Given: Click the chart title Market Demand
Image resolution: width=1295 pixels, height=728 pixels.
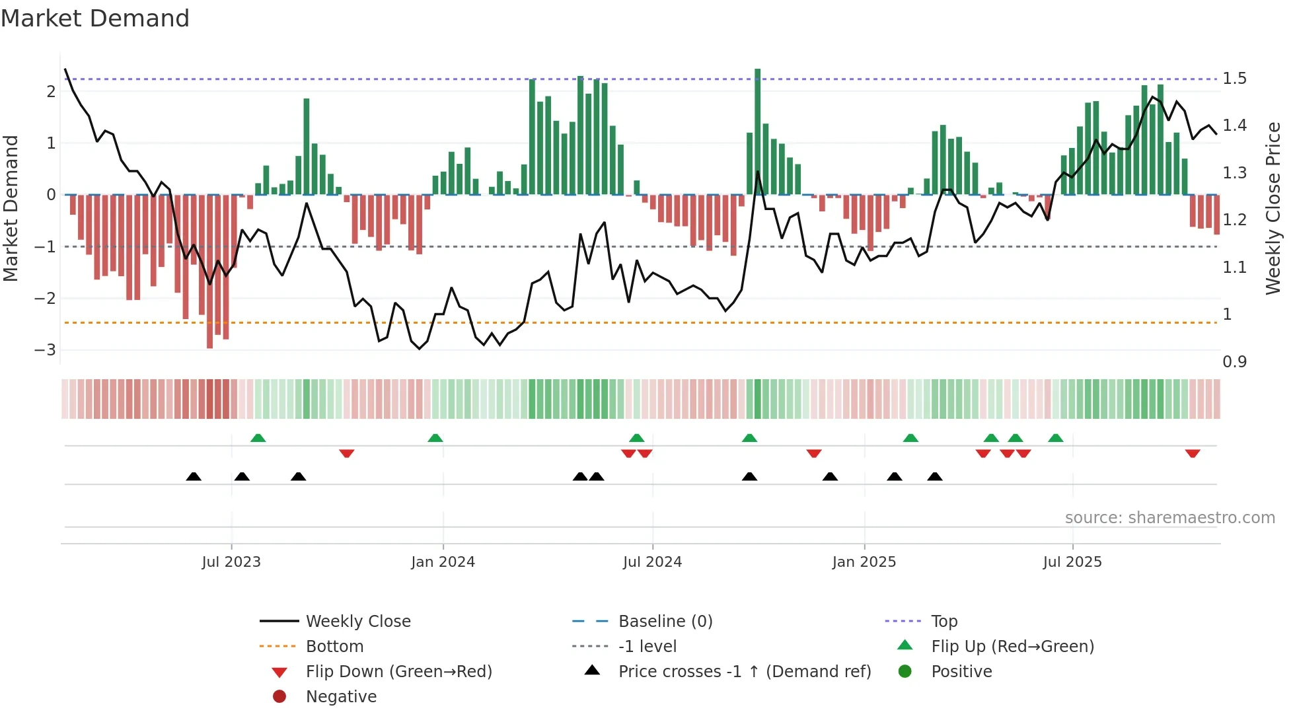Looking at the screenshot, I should click(x=95, y=18).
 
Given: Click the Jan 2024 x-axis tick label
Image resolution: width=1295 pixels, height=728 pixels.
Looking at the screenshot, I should click(x=443, y=562).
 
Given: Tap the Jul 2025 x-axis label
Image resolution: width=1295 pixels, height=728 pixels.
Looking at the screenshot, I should click(x=1072, y=562).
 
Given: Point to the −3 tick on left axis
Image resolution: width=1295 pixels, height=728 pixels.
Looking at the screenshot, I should click(x=46, y=350).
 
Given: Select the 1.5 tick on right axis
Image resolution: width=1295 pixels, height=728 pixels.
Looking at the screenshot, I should click(x=1234, y=79).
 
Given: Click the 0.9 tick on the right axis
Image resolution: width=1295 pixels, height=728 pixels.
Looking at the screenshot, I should click(x=1234, y=362).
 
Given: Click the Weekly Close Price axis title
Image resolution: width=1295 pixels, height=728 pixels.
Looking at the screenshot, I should click(x=1273, y=208).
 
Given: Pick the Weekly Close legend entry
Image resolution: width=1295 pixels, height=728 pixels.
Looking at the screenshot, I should click(x=357, y=622).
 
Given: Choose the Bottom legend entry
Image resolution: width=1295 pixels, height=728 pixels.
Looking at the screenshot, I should click(x=334, y=647).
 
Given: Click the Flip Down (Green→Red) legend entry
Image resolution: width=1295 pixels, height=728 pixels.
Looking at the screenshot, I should click(x=398, y=672).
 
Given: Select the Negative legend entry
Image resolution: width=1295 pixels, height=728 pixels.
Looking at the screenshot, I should click(x=341, y=697).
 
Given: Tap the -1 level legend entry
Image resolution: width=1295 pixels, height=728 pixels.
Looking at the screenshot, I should click(x=647, y=647).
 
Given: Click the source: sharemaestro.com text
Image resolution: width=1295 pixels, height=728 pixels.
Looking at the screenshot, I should click(x=1169, y=518).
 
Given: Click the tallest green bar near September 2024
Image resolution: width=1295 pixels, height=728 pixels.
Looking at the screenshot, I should click(x=758, y=132).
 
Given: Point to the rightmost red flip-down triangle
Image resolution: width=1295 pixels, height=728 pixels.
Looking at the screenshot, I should click(x=1193, y=453).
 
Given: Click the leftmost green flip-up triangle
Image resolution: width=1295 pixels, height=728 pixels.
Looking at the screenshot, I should click(x=258, y=438).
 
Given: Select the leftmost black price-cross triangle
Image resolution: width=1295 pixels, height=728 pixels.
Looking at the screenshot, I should click(x=194, y=476).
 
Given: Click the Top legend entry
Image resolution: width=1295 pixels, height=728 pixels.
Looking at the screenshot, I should click(x=943, y=622).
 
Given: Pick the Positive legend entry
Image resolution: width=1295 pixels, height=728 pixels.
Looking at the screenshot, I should click(x=961, y=672).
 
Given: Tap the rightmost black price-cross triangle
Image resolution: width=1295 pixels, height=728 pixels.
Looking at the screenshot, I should click(x=934, y=476).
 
